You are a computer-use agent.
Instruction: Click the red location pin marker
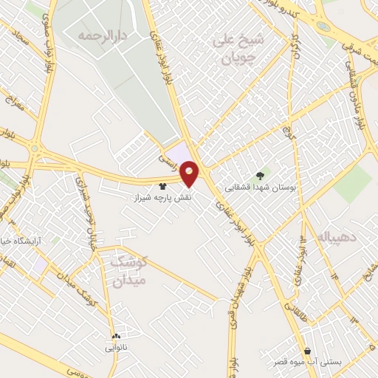190,173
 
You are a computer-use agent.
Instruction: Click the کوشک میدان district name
128,271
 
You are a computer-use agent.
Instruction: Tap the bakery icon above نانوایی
115,336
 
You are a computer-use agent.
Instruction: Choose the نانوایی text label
115,346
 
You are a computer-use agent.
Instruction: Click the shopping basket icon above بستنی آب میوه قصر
307,351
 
